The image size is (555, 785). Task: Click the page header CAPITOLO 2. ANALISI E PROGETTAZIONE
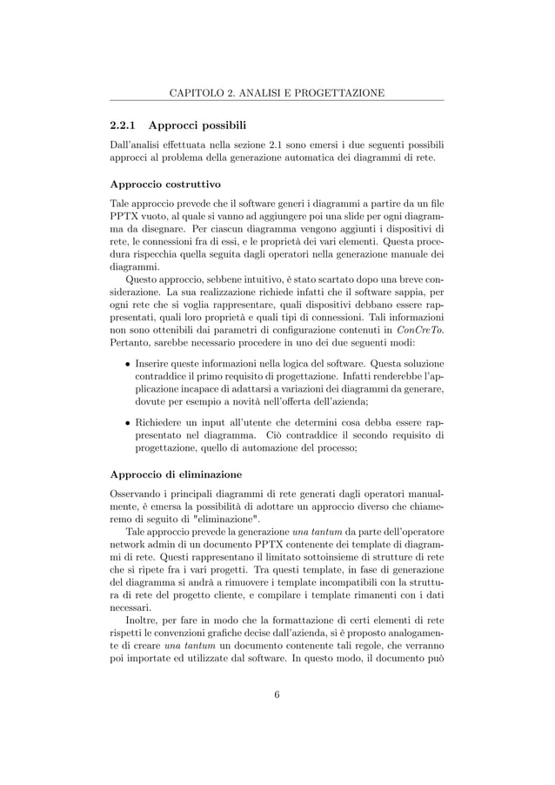pos(277,92)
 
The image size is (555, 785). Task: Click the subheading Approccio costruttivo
pos(164,185)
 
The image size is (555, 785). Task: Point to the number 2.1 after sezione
pos(278,144)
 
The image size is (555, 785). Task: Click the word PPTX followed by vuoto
pos(124,218)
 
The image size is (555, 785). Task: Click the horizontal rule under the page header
pos(277,102)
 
